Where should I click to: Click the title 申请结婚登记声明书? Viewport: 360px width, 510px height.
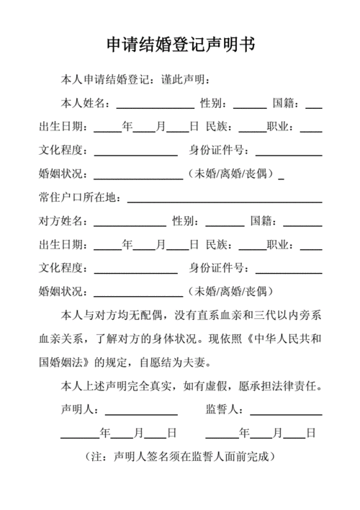click(x=180, y=45)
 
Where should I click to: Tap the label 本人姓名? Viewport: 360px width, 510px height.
click(x=84, y=104)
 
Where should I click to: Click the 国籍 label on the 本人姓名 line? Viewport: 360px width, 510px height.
click(x=286, y=104)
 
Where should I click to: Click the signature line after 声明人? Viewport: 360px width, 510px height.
click(x=141, y=413)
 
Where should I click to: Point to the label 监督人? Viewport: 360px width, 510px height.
click(x=224, y=410)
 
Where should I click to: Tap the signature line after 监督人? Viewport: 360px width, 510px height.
click(x=286, y=413)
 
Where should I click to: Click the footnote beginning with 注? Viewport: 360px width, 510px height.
click(x=180, y=457)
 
